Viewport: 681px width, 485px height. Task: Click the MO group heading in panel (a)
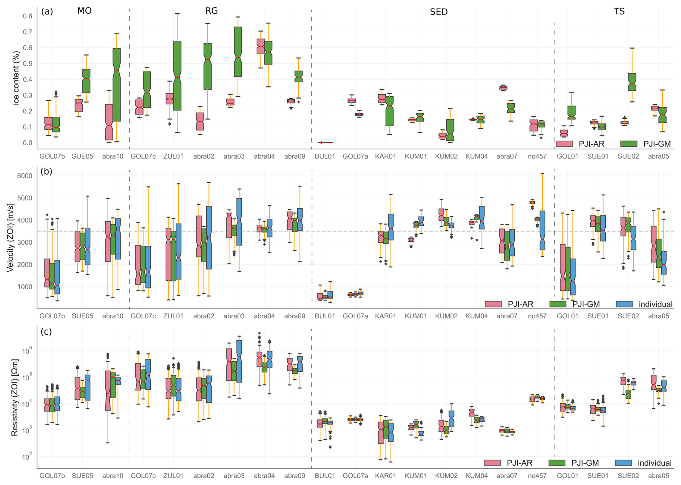84,11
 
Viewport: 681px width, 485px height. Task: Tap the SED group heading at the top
439,12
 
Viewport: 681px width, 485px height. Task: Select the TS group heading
619,12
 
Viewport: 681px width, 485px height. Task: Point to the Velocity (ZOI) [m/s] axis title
11,237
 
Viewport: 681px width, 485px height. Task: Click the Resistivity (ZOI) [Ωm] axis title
14,397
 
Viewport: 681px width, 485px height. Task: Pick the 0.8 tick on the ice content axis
28,16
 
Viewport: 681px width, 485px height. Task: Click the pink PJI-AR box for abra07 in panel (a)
503,87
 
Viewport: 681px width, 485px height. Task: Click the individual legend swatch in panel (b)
624,304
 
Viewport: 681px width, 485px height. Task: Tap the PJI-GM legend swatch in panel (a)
629,144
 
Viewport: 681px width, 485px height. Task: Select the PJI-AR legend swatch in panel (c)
492,463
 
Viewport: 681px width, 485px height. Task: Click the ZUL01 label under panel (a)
173,157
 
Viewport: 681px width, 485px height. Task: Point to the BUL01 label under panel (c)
325,476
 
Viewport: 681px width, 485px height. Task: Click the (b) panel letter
46,171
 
